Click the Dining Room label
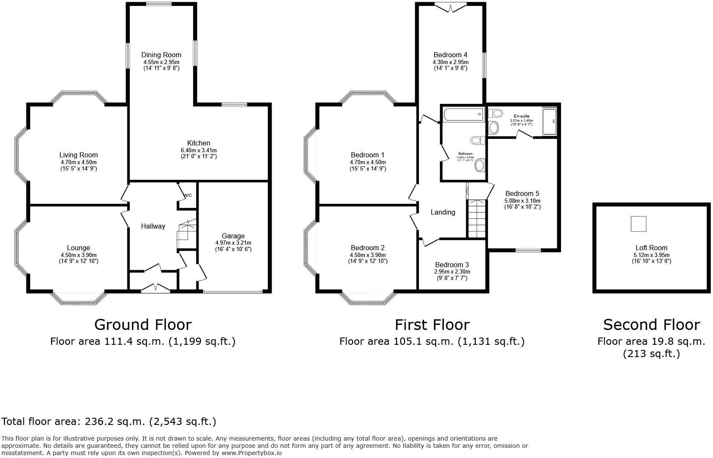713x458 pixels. pos(161,55)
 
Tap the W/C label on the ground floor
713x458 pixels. pos(188,195)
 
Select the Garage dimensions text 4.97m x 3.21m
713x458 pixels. pos(233,243)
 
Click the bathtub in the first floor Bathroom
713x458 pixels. pos(463,114)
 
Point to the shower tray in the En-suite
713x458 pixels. pos(549,122)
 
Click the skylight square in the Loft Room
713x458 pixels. pos(638,223)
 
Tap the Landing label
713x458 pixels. pos(443,212)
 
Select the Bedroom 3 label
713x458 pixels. pos(452,265)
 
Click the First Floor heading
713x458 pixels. pos(432,325)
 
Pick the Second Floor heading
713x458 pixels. pos(651,325)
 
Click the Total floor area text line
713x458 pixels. pos(109,422)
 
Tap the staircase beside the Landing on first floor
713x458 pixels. pos(477,218)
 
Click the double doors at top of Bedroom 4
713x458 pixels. pos(450,7)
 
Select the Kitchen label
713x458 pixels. pos(199,143)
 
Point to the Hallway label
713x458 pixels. pos(153,226)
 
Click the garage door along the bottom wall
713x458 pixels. pos(233,291)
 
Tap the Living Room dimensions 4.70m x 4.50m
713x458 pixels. pos(79,162)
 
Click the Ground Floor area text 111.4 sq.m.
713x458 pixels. pos(143,341)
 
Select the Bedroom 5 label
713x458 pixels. pos(522,193)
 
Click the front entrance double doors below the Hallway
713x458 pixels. pos(155,288)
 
